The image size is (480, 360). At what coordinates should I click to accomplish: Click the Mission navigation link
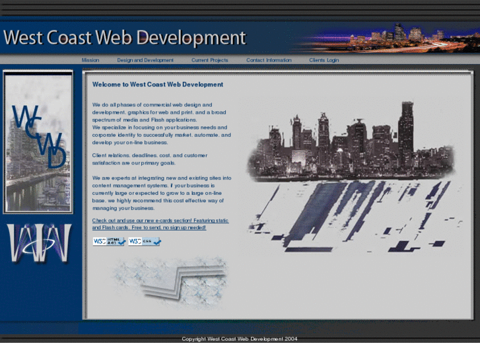90,60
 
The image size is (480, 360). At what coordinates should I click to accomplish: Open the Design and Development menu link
145,60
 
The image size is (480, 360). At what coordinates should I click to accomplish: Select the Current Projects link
210,60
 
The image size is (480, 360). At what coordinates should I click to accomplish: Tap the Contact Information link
269,60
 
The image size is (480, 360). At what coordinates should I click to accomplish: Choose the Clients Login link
324,60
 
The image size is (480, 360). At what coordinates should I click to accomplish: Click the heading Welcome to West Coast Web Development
158,85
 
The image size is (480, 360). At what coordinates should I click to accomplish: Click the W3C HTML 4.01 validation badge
109,241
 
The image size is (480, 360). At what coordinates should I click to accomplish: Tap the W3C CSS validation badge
144,241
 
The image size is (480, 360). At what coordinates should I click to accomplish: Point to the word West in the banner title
24,37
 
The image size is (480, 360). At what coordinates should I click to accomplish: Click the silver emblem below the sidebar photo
38,244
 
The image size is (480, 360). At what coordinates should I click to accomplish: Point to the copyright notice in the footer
240,339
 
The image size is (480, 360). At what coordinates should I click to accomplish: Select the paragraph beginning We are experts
161,193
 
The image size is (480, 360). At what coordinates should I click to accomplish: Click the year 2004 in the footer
292,339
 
